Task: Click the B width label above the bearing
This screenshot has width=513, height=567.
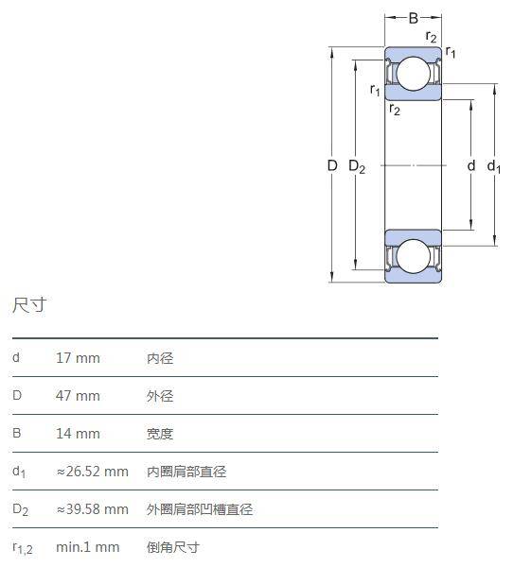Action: click(414, 18)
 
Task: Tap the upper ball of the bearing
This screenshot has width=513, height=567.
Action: click(414, 74)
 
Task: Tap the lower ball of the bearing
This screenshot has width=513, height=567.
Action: click(414, 256)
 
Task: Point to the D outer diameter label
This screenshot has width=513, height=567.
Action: click(332, 165)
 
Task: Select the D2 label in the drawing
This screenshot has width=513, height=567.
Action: click(357, 166)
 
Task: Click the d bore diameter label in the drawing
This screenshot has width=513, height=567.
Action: click(471, 165)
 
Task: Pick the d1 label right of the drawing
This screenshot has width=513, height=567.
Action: click(494, 166)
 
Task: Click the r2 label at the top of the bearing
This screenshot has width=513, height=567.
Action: click(431, 37)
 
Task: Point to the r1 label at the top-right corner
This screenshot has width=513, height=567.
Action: click(451, 52)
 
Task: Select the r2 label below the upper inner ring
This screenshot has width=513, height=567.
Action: click(395, 109)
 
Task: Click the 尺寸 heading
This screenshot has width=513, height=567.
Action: click(29, 305)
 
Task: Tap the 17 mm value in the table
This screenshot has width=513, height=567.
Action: click(78, 358)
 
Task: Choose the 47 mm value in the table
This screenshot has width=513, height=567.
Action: click(78, 396)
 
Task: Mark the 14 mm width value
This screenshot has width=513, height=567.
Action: click(78, 433)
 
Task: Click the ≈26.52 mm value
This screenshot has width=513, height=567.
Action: click(93, 472)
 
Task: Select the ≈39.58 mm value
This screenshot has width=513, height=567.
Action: click(93, 508)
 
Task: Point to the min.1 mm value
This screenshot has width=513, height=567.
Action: click(88, 547)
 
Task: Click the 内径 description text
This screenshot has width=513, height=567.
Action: click(160, 358)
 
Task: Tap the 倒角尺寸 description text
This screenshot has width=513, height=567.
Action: click(173, 547)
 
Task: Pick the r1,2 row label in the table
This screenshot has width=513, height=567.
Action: click(23, 548)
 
